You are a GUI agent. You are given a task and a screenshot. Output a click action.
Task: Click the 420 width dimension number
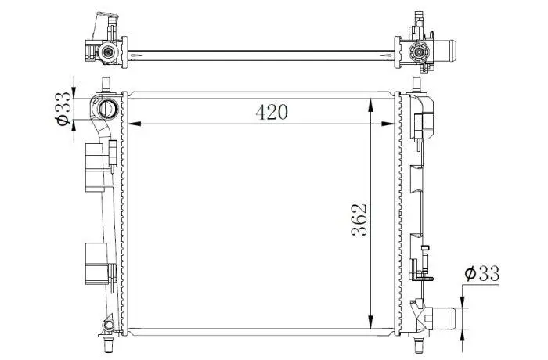(272, 112)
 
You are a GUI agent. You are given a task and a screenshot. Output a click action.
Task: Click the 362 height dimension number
(359, 219)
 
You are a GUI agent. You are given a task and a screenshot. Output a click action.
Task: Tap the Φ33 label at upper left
(63, 108)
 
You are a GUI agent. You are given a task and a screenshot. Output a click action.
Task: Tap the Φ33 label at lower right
(482, 273)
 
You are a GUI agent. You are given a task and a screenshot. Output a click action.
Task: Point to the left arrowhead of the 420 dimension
(135, 124)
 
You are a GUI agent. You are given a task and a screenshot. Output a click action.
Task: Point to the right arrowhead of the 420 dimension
(388, 124)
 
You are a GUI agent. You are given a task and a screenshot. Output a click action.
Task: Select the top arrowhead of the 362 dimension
(371, 106)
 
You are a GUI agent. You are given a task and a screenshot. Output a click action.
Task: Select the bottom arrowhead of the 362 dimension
(371, 322)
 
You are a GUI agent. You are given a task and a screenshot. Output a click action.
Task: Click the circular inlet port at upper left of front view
(109, 109)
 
